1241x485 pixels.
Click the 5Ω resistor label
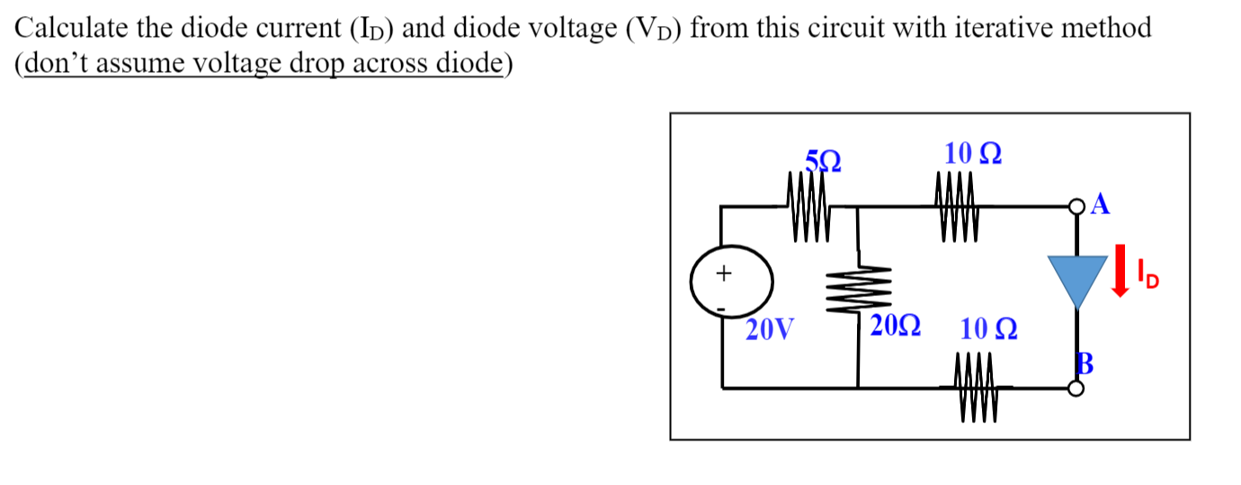point(193,162)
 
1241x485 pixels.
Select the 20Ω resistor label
point(895,327)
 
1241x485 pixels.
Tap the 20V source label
point(770,331)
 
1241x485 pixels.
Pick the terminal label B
point(1085,364)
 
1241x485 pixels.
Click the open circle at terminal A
point(1077,208)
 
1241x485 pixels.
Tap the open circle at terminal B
point(1076,389)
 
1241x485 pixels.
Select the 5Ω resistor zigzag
point(180,208)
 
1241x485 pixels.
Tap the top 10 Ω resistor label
point(974,154)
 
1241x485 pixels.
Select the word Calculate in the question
point(71,29)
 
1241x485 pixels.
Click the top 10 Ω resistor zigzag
point(956,208)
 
